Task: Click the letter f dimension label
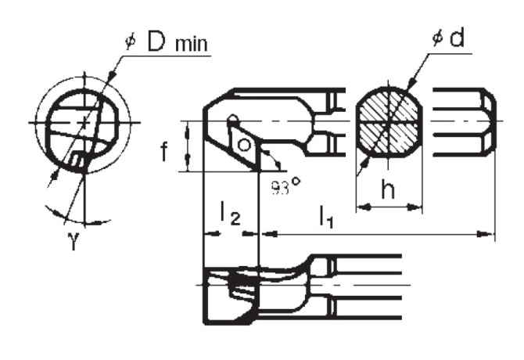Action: (x=165, y=150)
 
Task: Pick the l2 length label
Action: (x=229, y=214)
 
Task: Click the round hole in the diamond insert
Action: (x=244, y=146)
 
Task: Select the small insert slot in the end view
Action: (x=76, y=160)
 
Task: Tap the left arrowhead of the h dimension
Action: (x=361, y=207)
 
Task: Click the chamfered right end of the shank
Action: (x=489, y=123)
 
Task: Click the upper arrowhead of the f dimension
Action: (x=188, y=126)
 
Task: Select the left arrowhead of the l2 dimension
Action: (x=207, y=232)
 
